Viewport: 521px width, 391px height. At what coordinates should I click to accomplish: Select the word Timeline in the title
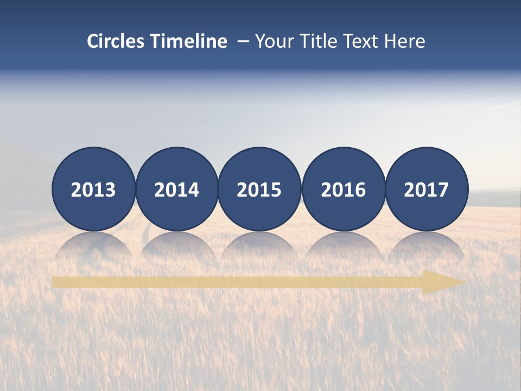click(x=189, y=41)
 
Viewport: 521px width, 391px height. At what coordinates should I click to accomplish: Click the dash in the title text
click(x=243, y=42)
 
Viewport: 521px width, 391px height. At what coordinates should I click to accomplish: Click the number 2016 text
click(x=344, y=190)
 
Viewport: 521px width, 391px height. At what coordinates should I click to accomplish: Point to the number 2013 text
click(x=93, y=190)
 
